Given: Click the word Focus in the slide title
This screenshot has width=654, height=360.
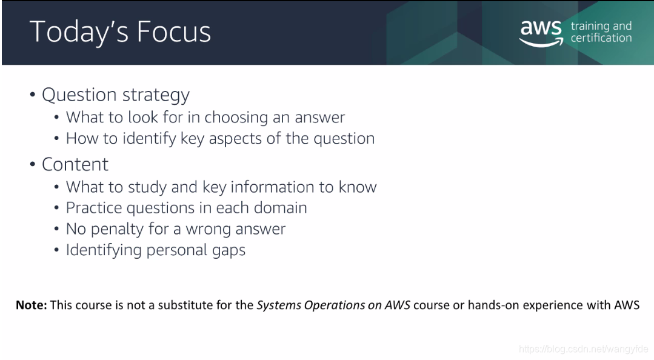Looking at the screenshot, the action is (173, 32).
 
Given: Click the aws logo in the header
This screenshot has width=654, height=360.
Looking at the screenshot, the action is (541, 33).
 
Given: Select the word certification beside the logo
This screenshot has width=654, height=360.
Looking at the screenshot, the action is (601, 38).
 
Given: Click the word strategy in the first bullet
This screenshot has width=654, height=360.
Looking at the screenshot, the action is (156, 96).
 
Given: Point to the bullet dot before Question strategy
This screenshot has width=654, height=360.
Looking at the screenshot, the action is (33, 95).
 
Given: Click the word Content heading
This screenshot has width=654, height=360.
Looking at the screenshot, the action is (75, 164).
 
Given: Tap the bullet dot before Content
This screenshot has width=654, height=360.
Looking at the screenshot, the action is (33, 164).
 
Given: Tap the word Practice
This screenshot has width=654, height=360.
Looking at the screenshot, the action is (94, 208).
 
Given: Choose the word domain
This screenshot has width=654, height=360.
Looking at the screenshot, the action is (280, 208).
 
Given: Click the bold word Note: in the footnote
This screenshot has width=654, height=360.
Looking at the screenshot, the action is (32, 305).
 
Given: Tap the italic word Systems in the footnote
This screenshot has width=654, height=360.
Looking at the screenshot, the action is (278, 305).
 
